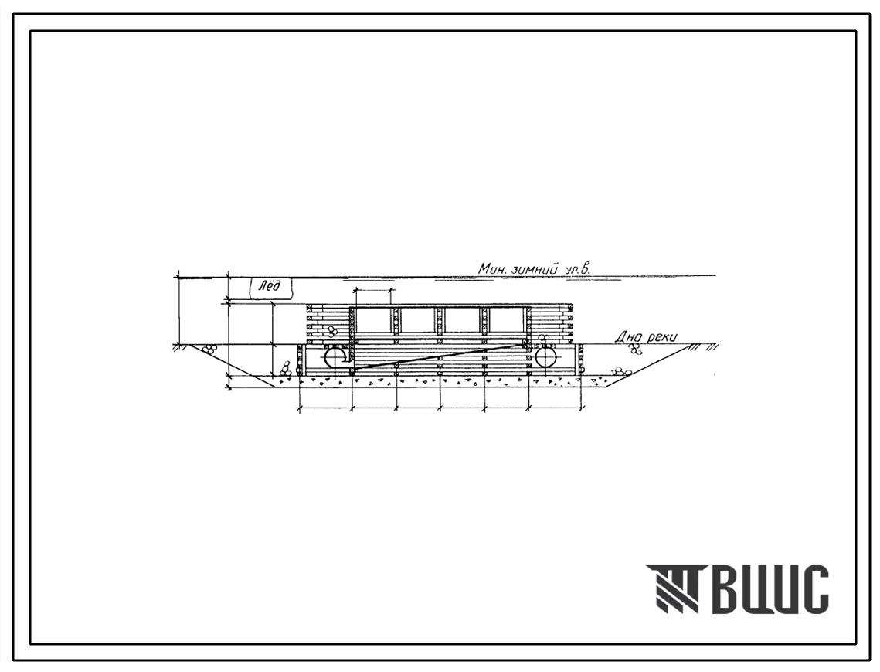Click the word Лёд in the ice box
270,287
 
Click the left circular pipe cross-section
335,356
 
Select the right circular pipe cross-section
547,356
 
